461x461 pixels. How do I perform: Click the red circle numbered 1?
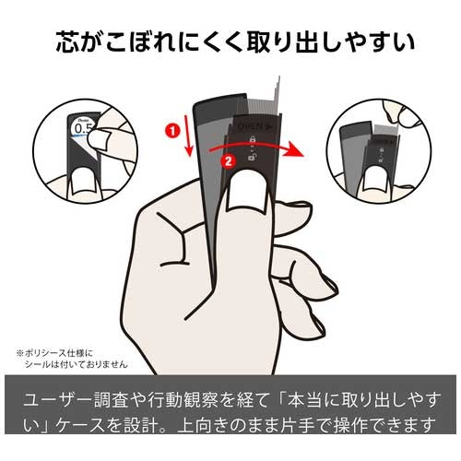coord(171,131)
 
